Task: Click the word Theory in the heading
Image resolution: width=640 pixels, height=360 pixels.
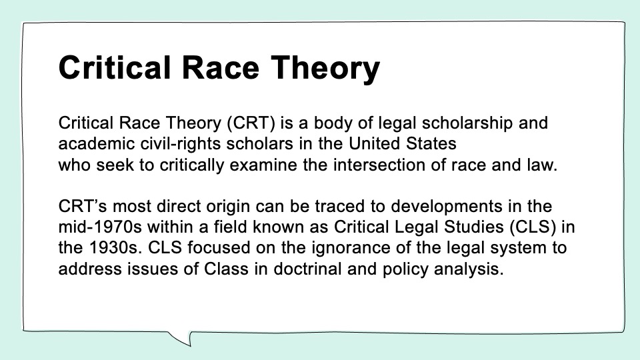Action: coord(325,69)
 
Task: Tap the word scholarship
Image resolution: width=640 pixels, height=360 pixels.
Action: coord(467,123)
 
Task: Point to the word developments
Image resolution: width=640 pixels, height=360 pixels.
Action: coord(447,207)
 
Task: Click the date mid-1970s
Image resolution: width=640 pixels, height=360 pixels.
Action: coord(100,227)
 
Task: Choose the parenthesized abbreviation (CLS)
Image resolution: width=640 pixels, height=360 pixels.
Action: coord(533,227)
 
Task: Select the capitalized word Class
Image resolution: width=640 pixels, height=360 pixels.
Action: coord(226,269)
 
